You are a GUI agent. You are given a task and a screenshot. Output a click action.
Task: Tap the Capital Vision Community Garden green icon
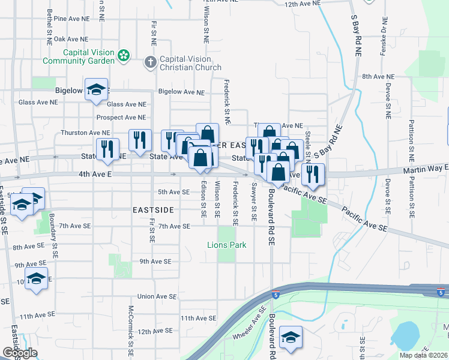[x=124, y=56]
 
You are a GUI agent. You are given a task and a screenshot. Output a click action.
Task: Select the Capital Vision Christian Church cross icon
[x=150, y=61]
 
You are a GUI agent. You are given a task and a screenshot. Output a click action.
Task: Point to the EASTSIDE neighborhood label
[x=153, y=210]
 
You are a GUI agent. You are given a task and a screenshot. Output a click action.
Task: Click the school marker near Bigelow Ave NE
[x=96, y=90]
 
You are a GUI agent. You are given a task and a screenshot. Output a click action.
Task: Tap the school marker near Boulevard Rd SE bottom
[x=291, y=337]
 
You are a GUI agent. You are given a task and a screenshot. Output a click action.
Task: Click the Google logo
[x=19, y=353]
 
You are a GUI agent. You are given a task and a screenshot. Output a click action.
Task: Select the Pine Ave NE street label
[x=68, y=19]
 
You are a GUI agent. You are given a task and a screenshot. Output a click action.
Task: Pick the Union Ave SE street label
[x=157, y=296]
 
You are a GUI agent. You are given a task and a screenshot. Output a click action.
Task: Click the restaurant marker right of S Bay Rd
[x=313, y=173]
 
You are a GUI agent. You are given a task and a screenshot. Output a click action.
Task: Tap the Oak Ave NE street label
[x=68, y=39]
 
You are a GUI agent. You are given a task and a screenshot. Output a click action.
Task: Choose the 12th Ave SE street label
[x=155, y=331]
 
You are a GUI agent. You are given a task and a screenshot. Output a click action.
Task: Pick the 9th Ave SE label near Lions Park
[x=155, y=262]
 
